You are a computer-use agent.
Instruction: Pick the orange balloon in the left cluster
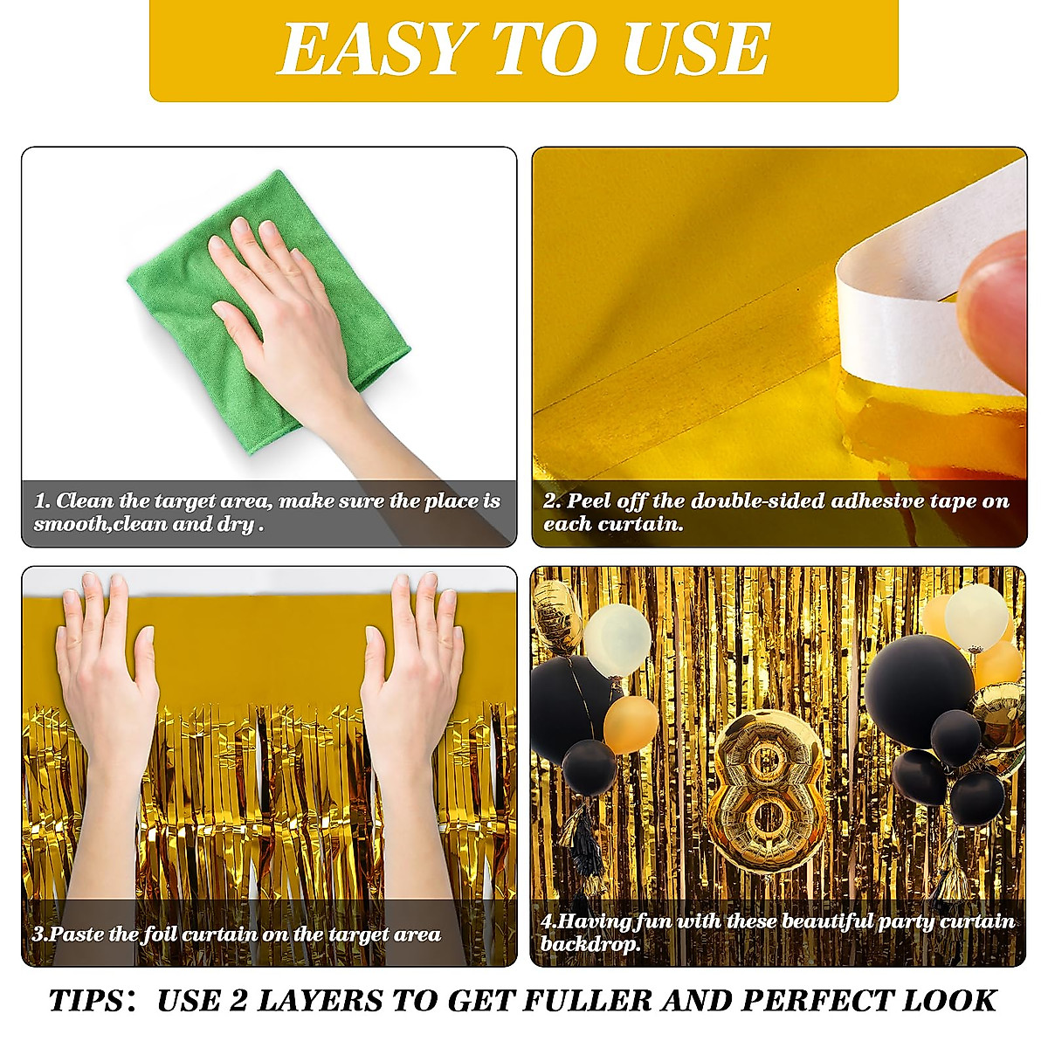[x=631, y=723]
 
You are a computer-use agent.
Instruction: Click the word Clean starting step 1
[x=85, y=501]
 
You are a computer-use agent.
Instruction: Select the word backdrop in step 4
[x=590, y=944]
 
